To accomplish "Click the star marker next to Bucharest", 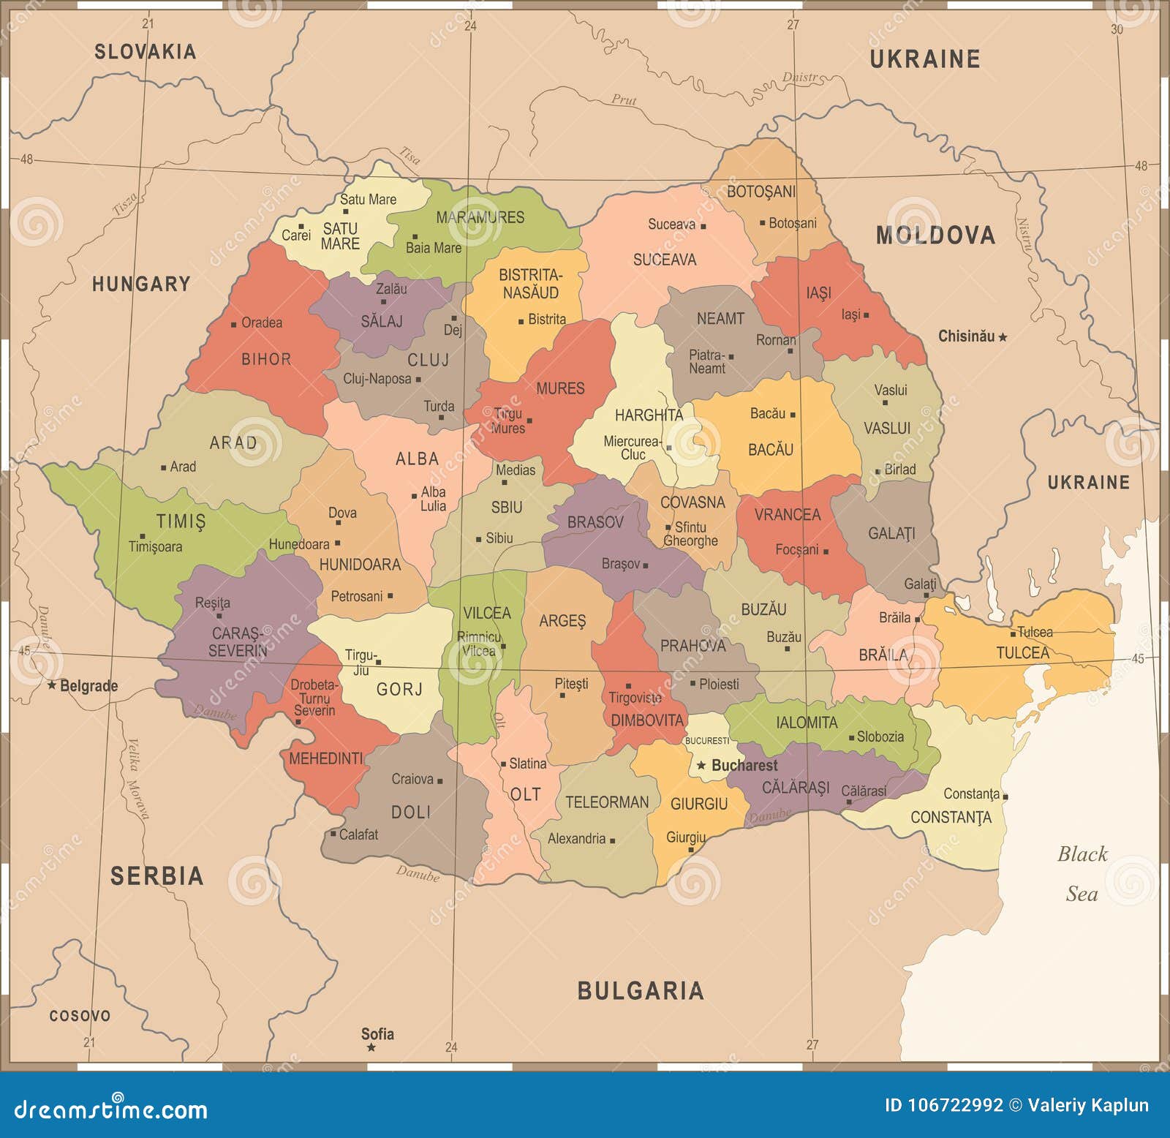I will tap(701, 765).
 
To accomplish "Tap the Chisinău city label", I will tap(966, 336).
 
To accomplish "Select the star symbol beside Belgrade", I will tap(52, 685).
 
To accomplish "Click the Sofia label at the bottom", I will tap(377, 1033).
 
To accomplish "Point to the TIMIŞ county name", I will tap(181, 521).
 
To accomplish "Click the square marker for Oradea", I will tap(233, 324).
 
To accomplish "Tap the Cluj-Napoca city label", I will tap(377, 379).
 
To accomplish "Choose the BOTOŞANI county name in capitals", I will tap(760, 192).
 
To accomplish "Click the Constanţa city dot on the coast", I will tap(1005, 796).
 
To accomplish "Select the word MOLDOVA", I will tap(935, 235).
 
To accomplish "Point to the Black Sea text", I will tap(1082, 873).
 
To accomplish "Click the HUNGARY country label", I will tap(140, 284).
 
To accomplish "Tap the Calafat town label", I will tap(358, 834).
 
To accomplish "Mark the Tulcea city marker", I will tap(1014, 633).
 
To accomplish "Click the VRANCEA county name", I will tap(787, 515).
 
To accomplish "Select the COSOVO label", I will tap(80, 1016).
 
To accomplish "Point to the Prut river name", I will tap(624, 99).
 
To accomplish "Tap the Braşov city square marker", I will tap(645, 565).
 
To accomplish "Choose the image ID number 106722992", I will tap(944, 1105).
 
